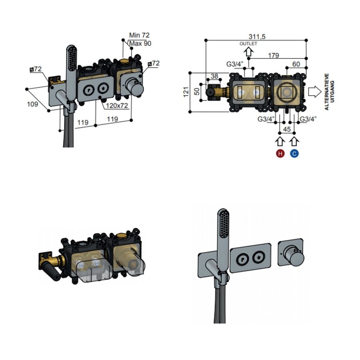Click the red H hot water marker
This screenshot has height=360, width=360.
[280, 153]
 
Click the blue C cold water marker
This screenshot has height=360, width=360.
[294, 153]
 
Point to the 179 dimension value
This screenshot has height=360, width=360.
[274, 55]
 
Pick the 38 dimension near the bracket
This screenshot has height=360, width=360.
[214, 76]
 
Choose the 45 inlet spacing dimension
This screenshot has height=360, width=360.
[287, 129]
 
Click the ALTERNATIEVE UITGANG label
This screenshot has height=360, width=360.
[328, 91]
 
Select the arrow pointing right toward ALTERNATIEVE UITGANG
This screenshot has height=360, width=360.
[314, 91]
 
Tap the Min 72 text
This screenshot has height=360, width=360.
[139, 36]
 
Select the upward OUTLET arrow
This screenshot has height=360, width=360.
[249, 51]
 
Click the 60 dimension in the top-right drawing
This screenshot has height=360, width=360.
[296, 64]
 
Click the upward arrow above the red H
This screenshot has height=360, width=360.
[280, 141]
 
